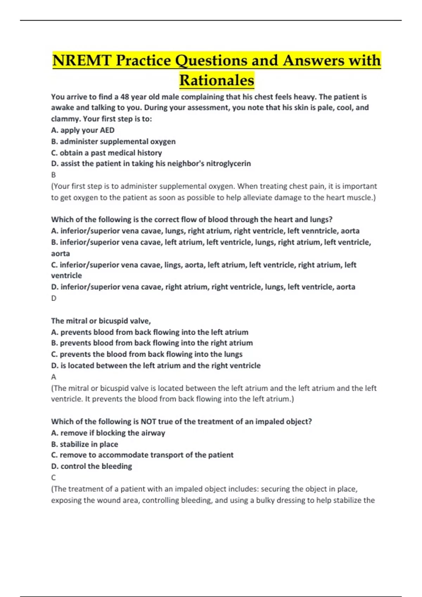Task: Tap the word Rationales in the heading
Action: coord(217,80)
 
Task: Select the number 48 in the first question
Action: coord(124,97)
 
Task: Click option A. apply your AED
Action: coord(83,130)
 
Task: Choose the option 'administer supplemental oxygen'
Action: coord(113,142)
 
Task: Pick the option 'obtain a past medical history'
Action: coord(107,153)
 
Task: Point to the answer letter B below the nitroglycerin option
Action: coord(53,175)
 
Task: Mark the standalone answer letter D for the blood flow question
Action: coord(54,298)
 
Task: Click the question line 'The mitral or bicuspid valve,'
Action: coord(101,321)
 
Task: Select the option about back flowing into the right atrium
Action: coord(152,343)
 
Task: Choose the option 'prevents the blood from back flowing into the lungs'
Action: coord(147,354)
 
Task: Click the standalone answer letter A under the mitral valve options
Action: coord(53,377)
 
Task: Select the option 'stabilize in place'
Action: coord(84,444)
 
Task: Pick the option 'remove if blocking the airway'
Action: coord(108,433)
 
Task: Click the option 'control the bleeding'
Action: coord(91,466)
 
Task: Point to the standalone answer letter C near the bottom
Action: coord(53,478)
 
